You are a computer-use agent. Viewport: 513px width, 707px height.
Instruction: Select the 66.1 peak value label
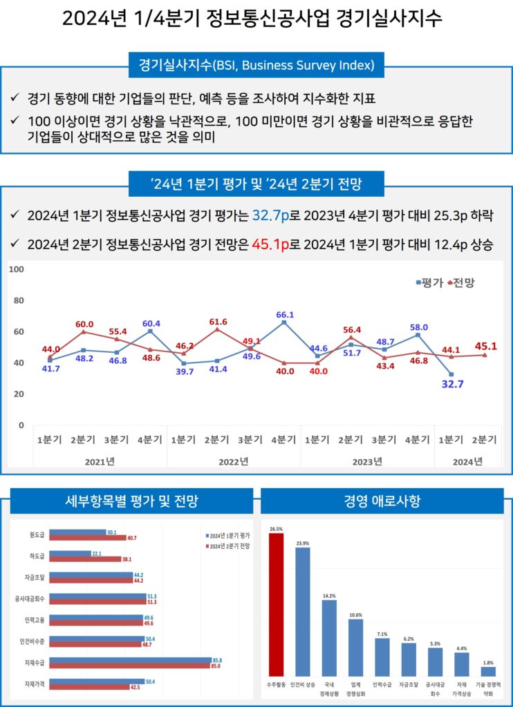point(285,315)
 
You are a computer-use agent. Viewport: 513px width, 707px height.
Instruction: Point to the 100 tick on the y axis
point(17,269)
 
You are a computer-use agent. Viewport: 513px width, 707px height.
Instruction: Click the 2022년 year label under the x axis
point(234,461)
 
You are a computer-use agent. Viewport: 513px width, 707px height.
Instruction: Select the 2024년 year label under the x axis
point(467,461)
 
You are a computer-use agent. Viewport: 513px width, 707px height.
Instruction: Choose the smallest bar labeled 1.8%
point(488,670)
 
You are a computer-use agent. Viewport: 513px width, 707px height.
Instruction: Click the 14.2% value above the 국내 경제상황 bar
point(329,596)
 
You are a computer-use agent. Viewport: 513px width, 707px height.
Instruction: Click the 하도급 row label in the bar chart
point(37,555)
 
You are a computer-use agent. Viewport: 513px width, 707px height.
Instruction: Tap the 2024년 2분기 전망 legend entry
point(227,546)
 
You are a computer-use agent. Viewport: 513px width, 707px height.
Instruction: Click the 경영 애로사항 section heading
point(382,501)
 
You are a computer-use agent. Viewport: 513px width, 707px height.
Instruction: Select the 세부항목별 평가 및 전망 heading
point(131,501)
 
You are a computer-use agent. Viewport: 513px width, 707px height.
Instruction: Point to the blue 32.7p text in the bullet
point(270,215)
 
